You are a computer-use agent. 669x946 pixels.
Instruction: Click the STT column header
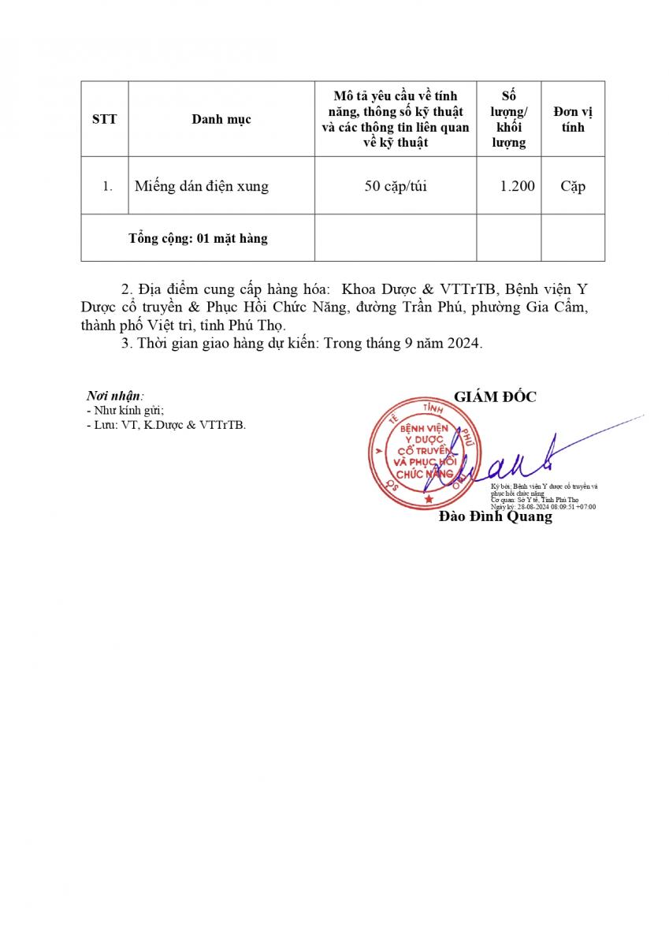104,119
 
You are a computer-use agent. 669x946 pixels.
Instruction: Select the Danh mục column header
221,119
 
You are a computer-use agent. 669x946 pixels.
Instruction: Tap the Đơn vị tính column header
573,119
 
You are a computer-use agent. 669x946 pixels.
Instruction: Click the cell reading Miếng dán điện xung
202,187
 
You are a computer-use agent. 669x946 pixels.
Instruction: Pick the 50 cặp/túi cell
396,187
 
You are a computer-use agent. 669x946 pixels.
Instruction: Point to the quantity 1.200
518,187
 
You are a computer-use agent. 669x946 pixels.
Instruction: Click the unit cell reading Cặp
573,187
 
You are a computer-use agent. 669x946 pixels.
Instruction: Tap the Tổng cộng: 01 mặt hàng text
198,238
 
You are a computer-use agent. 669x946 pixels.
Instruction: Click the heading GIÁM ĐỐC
495,397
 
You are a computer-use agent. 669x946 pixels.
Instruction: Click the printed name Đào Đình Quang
495,517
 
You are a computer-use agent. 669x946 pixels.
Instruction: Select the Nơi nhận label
114,397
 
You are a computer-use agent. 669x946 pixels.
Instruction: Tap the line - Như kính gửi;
125,411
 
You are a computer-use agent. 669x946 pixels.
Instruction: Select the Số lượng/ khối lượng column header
509,119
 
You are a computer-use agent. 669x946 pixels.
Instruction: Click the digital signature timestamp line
543,507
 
